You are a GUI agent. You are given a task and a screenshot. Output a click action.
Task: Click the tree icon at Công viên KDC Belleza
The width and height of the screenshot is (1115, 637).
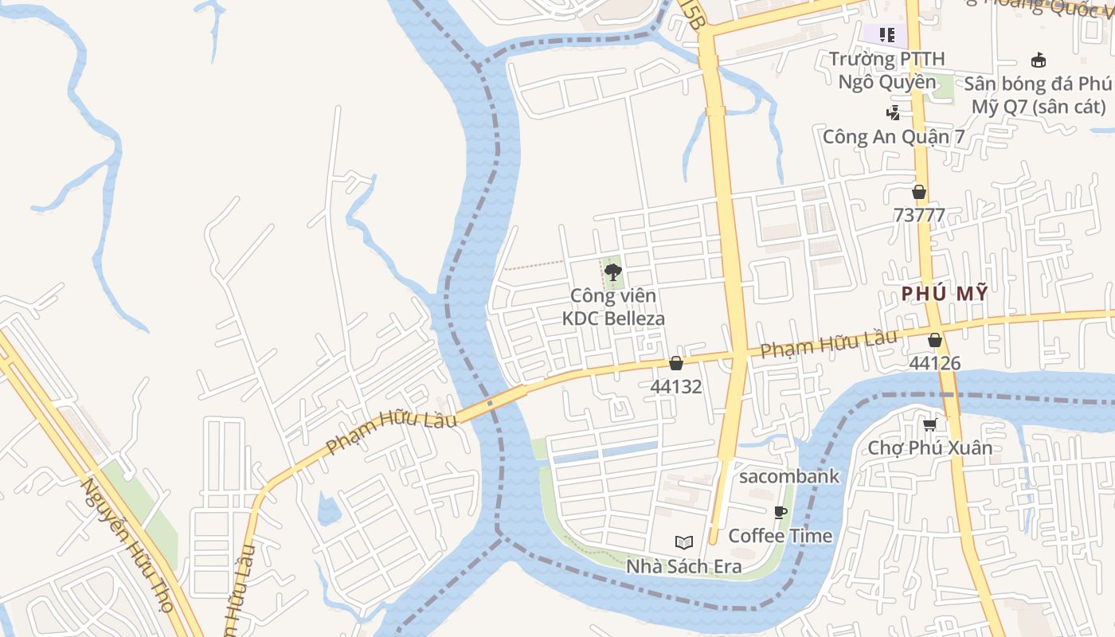pos(612,273)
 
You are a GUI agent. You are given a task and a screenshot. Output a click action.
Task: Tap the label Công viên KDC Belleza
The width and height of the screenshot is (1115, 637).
pos(613,307)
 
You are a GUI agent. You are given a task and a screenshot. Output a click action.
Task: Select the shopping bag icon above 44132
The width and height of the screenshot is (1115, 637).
pos(676,363)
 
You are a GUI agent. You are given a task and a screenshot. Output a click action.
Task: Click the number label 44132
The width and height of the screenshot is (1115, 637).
pos(676,387)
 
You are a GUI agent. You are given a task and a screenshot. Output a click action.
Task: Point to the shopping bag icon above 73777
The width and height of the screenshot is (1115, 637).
pos(919,192)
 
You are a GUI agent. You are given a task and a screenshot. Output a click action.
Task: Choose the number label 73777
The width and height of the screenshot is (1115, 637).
pos(919,215)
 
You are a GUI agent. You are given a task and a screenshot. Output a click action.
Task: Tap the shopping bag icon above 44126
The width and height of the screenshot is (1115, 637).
pos(935,340)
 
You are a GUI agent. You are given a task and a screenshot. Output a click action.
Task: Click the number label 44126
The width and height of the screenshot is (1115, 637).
pos(935,363)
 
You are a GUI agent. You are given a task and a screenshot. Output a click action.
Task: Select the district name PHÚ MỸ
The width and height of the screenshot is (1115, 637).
pos(945,294)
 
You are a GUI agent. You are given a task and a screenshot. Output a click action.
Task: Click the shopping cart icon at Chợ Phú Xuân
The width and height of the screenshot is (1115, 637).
pos(929,424)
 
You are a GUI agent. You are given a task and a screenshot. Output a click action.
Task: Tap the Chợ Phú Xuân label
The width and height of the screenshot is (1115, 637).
pos(930,447)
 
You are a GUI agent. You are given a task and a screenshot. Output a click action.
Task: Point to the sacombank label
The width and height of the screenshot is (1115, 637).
pos(789,476)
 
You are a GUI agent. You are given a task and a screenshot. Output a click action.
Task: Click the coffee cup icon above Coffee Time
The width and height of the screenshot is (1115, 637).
pos(780,512)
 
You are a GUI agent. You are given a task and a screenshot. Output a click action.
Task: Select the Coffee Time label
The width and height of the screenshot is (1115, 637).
pos(780,535)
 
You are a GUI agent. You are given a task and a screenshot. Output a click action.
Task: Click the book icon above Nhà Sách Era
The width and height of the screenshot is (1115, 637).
pos(683,543)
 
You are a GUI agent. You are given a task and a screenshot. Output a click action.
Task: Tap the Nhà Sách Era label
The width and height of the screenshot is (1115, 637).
pos(683,566)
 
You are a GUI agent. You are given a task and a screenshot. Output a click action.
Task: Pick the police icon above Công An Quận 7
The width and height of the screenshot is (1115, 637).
pos(894,113)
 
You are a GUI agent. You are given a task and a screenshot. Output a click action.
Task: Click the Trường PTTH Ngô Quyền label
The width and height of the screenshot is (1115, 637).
pos(887,70)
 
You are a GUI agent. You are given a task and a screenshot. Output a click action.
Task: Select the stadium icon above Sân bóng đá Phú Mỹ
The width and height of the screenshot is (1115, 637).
pos(1039,60)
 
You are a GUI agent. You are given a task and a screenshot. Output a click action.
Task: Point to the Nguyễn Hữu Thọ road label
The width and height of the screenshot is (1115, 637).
pos(127,545)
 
